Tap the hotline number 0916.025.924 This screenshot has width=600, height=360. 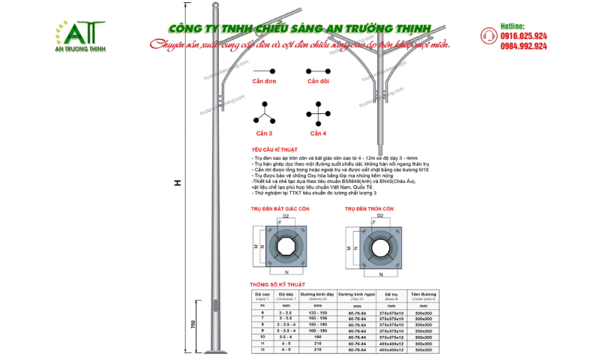point(523,36)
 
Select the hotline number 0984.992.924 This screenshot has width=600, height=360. point(523,46)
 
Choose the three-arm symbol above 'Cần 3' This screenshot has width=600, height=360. point(264,114)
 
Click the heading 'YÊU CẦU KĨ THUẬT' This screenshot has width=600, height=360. point(277,150)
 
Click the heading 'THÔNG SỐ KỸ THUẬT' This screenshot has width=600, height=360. point(277,285)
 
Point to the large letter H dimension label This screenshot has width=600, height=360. point(177,184)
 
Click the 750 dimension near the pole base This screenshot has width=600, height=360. point(193,323)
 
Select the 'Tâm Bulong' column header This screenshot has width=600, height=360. point(424,295)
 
